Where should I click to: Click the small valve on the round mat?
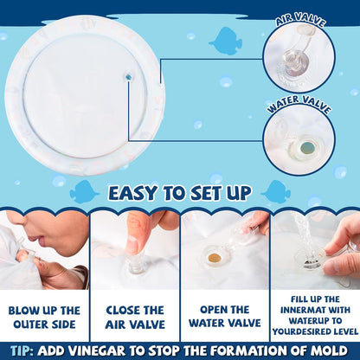[x=128, y=77]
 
